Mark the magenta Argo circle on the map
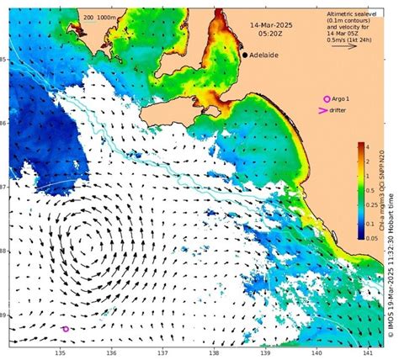tap(66, 329)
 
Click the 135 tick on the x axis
tap(61, 352)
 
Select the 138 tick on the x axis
tap(214, 352)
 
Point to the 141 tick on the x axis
tap(367, 352)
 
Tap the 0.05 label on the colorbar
tap(371, 239)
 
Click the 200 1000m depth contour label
tap(98, 17)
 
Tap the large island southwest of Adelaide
tap(207, 107)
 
